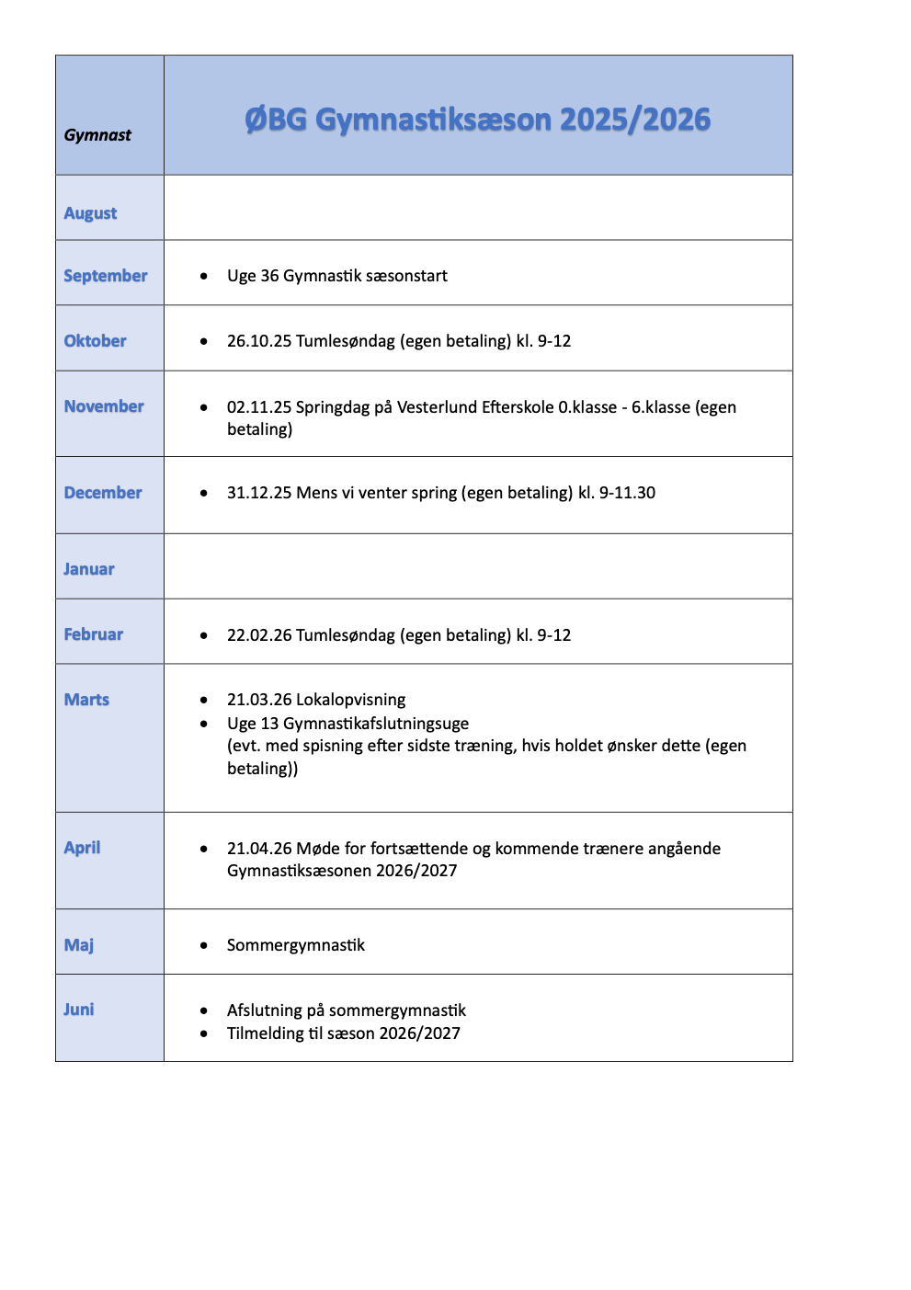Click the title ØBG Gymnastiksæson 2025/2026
(477, 120)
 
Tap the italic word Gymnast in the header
(97, 135)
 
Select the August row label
(90, 213)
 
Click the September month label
(105, 276)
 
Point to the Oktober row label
(95, 341)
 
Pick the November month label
(104, 406)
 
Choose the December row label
(103, 493)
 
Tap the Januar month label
(89, 569)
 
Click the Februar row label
(93, 634)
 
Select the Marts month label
(86, 700)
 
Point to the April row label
(82, 848)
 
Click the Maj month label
(79, 945)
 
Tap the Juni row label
(79, 1010)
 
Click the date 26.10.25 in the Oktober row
(259, 341)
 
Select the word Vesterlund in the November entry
(437, 407)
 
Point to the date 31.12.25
(259, 493)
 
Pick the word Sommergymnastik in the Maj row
(296, 945)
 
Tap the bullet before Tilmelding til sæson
(204, 1033)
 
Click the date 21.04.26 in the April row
(259, 849)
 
